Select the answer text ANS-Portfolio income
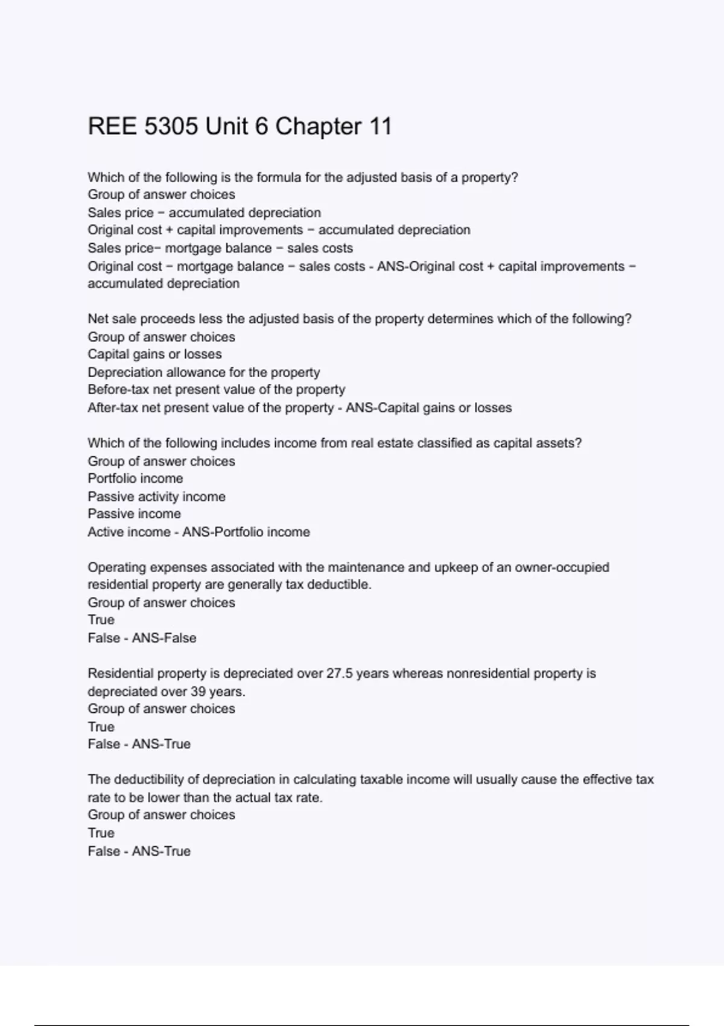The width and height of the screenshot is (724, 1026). click(x=246, y=532)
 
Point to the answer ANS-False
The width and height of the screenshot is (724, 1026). click(x=164, y=638)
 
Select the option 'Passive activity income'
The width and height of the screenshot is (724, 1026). click(x=156, y=497)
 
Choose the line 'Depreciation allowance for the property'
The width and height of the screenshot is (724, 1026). click(x=203, y=372)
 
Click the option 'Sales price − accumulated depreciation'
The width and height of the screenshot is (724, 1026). click(x=204, y=212)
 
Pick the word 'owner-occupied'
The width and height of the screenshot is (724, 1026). click(x=562, y=567)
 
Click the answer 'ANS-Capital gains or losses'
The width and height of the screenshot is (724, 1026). click(x=428, y=408)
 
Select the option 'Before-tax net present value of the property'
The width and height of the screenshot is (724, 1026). click(x=216, y=390)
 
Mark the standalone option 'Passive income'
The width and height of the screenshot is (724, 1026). click(x=134, y=514)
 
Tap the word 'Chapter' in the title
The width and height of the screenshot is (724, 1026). click(x=318, y=127)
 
